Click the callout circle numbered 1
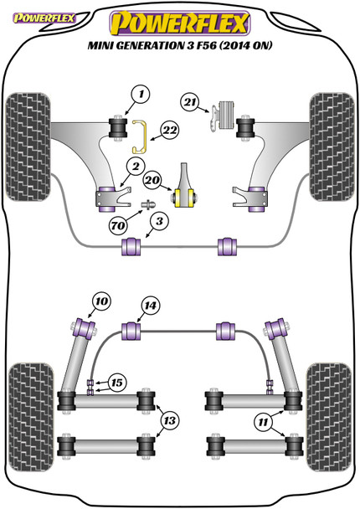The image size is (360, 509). [x=141, y=95]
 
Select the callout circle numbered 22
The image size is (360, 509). [x=170, y=130]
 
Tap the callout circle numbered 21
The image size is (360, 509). [x=190, y=103]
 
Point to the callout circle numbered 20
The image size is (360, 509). [x=152, y=179]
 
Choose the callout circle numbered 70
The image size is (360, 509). [x=118, y=224]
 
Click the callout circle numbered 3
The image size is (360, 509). [x=159, y=221]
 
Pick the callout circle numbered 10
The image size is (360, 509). [x=101, y=301]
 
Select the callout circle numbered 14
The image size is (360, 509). [x=151, y=306]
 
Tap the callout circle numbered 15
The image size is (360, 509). [x=117, y=383]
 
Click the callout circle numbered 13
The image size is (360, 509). [x=169, y=421]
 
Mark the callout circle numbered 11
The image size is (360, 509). [x=263, y=422]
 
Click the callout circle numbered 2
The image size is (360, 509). [x=135, y=167]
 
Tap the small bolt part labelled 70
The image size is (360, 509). [x=148, y=205]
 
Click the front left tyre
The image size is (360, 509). [x=28, y=147]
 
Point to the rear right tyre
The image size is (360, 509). [x=329, y=417]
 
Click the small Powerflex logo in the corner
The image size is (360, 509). [x=44, y=18]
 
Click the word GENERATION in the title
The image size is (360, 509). [x=151, y=45]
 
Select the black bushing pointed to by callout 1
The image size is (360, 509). [x=118, y=128]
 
